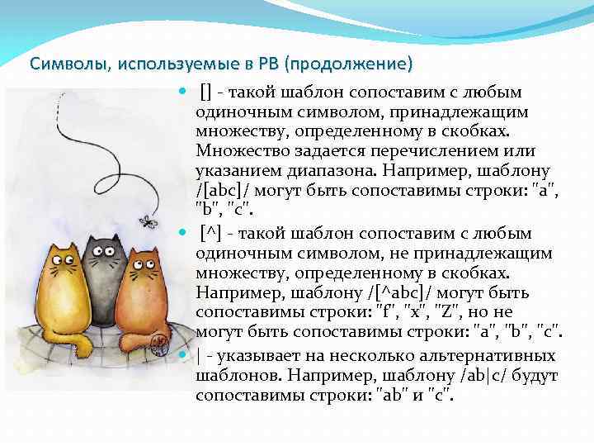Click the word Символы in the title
[59, 64]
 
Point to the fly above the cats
[148, 221]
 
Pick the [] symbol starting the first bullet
[205, 92]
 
